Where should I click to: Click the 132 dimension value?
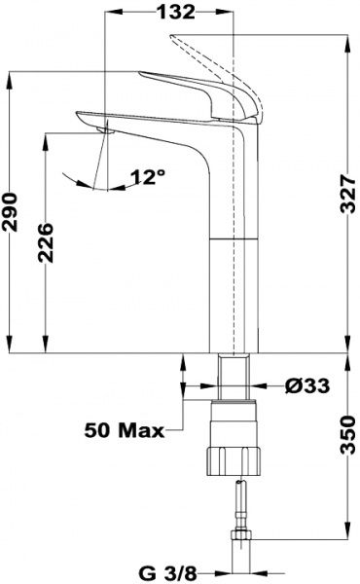coord(176,13)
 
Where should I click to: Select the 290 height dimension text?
coord(10,212)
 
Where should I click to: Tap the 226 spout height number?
coord(46,242)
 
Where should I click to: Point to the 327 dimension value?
coord(349,194)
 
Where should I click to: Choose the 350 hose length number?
coord(349,435)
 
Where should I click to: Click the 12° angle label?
coord(148,177)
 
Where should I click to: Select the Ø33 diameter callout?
coord(307,385)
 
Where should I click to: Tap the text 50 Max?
coord(125,431)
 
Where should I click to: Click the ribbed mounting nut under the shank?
coord(234,460)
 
